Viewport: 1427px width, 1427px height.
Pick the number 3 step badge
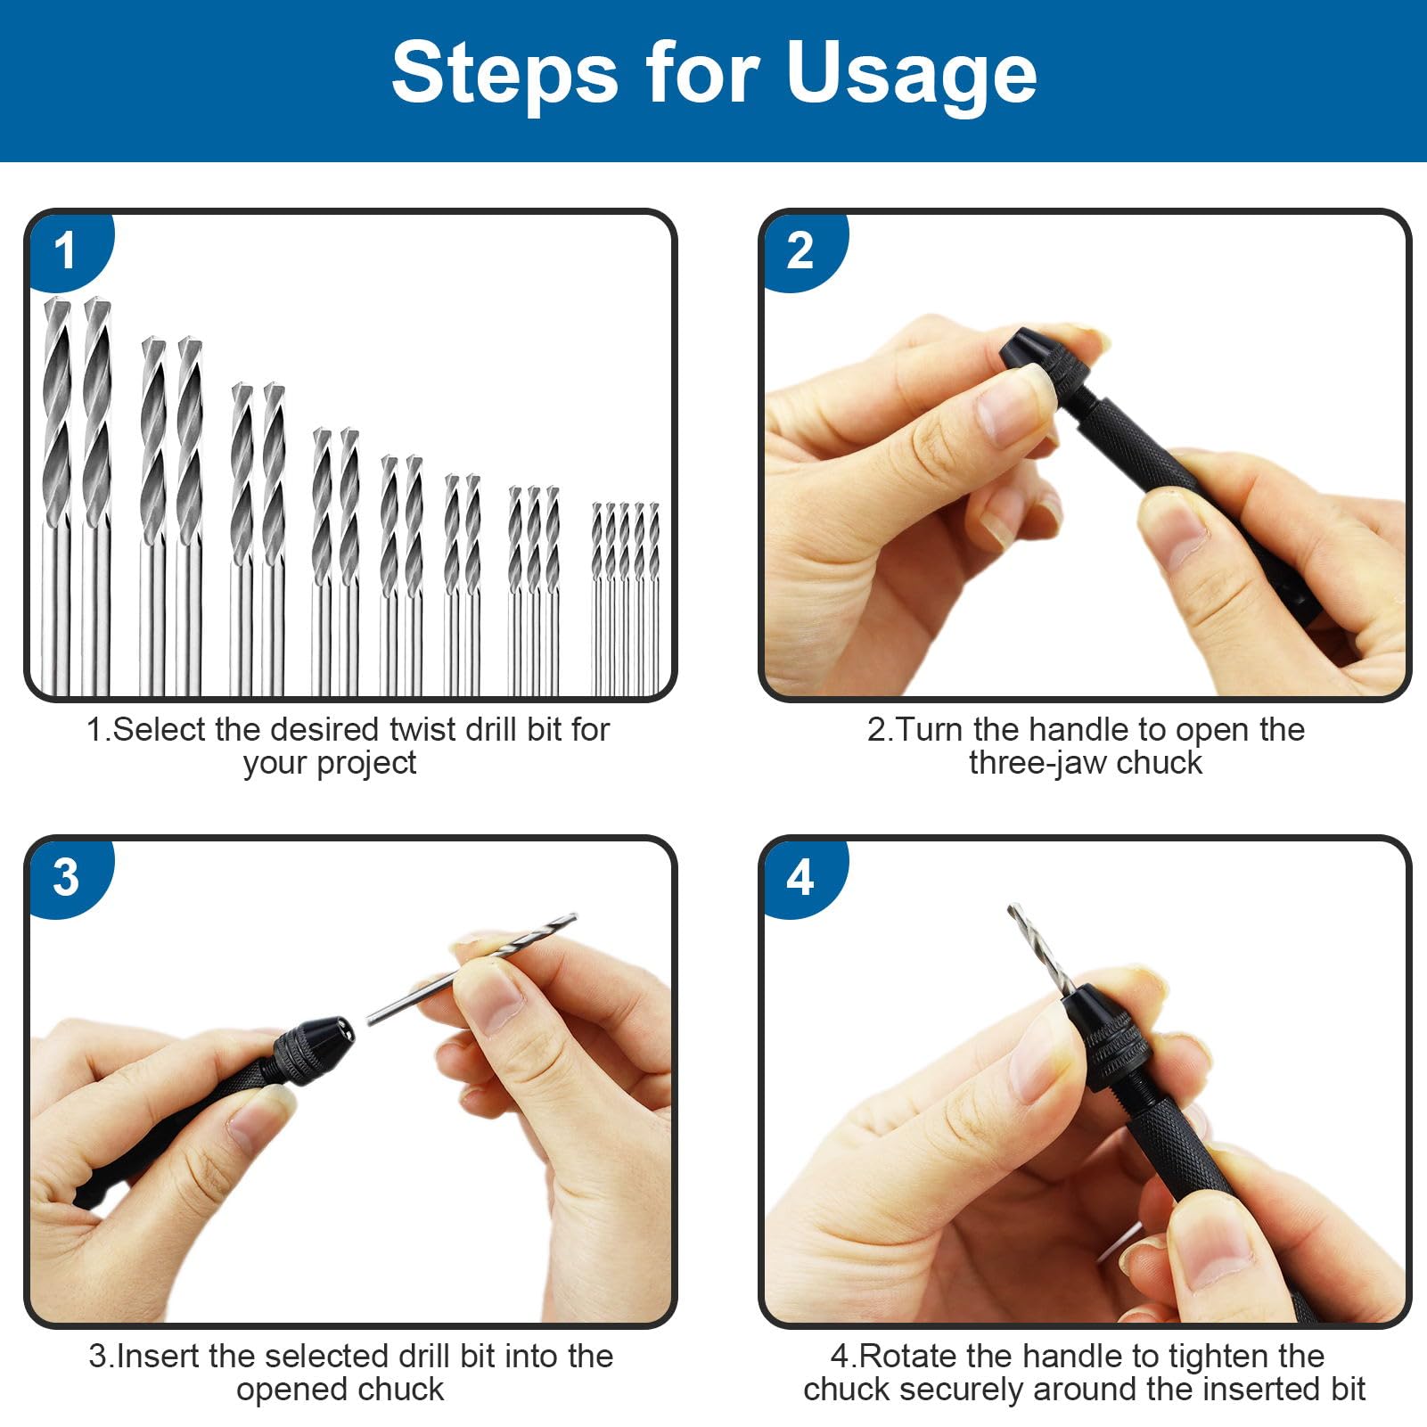tap(70, 878)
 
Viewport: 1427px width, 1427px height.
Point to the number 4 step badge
tap(803, 878)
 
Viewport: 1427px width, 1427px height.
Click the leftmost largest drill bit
tap(55, 496)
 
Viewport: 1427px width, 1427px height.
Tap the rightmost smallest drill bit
tap(654, 598)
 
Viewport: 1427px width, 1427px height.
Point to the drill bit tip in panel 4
tap(1013, 909)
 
